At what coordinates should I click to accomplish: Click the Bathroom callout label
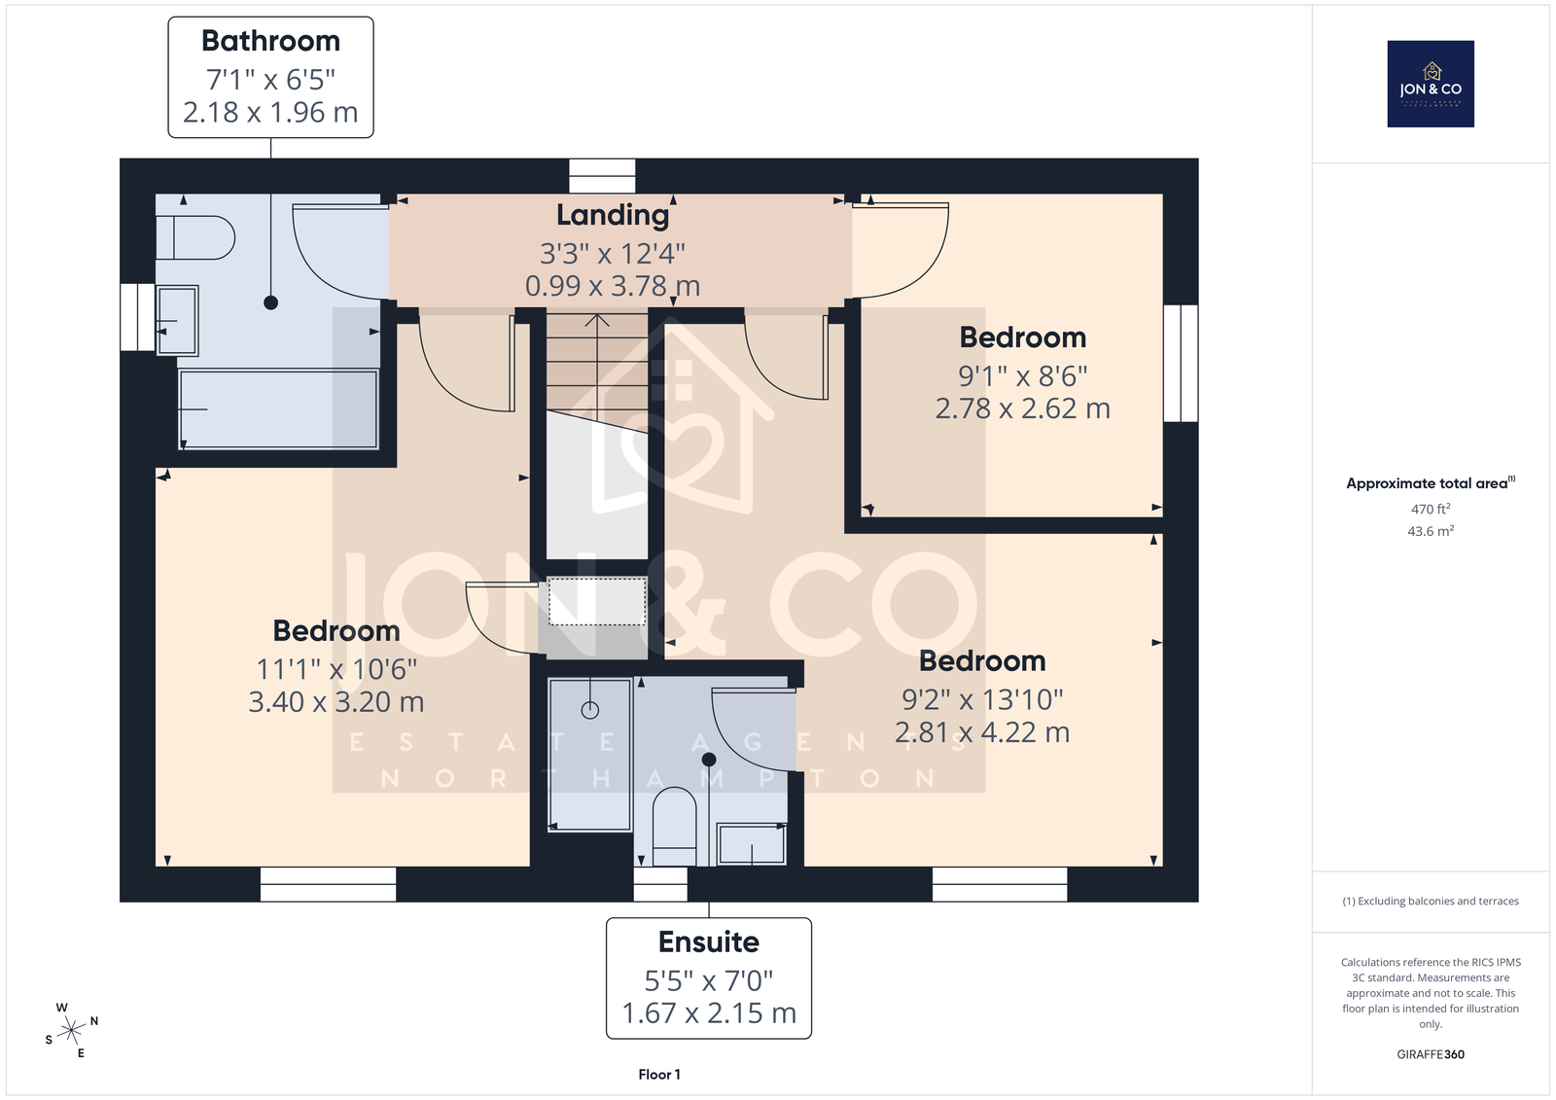click(270, 77)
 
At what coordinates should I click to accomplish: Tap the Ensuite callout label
click(709, 978)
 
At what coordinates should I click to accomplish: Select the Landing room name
click(613, 215)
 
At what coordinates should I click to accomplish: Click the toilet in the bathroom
click(195, 237)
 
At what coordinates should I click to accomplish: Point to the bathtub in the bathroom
click(278, 409)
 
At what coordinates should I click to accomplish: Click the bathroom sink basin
click(177, 320)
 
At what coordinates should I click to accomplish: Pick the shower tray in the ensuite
click(589, 754)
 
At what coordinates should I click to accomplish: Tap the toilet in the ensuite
click(675, 827)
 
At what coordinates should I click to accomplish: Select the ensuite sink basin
click(752, 844)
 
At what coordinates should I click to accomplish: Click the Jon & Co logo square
click(1431, 84)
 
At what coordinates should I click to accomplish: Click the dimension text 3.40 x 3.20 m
click(336, 702)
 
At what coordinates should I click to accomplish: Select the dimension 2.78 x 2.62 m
click(1022, 408)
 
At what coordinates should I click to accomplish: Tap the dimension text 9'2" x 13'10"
click(982, 699)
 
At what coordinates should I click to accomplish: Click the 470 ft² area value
click(1431, 509)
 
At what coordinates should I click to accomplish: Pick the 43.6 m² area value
click(1431, 531)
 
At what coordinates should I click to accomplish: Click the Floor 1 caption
click(659, 1075)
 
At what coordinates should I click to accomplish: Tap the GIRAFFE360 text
click(1431, 1054)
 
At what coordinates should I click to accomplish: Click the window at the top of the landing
click(602, 176)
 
